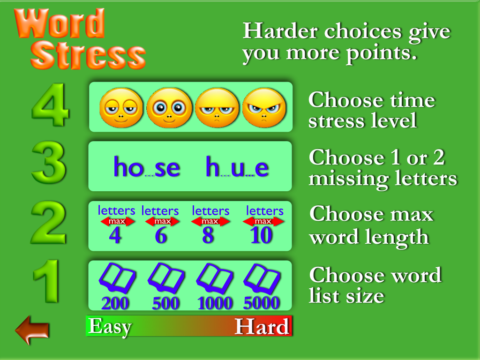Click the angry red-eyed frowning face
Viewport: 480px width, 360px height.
tap(264, 108)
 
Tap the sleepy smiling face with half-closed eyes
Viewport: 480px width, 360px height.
tap(120, 108)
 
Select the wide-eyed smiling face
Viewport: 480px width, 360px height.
tap(169, 108)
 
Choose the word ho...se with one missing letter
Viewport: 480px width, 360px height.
tap(146, 167)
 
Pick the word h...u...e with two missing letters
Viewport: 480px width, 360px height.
tap(237, 167)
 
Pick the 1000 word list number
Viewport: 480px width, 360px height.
tap(215, 304)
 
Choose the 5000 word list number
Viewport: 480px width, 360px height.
tap(261, 304)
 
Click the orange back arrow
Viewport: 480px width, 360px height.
tap(32, 330)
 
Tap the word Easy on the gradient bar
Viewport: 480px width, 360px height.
tap(110, 326)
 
